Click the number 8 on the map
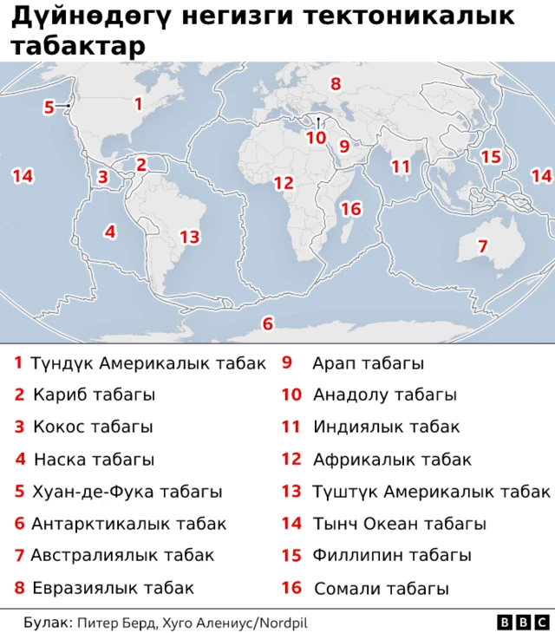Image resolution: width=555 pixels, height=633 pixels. tap(335, 84)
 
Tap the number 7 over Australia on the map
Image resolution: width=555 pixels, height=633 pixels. tap(483, 246)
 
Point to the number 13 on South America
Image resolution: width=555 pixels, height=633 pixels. tap(189, 237)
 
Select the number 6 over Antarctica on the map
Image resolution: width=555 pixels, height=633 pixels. tap(267, 323)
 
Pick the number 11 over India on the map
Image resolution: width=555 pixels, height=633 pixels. tap(400, 166)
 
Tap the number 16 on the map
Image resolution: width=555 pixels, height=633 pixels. tap(350, 209)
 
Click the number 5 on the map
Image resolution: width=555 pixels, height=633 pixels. tap(49, 108)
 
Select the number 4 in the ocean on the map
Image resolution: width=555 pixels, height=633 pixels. tap(109, 232)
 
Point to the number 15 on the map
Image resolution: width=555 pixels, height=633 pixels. tap(491, 157)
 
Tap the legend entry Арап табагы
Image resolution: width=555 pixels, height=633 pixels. tap(368, 363)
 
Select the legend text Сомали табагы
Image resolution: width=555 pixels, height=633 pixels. tap(382, 589)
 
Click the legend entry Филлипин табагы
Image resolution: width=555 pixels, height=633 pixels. tap(392, 555)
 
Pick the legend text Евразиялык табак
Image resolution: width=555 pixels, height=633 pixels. tap(113, 588)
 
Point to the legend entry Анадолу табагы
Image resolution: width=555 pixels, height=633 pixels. tap(384, 395)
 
